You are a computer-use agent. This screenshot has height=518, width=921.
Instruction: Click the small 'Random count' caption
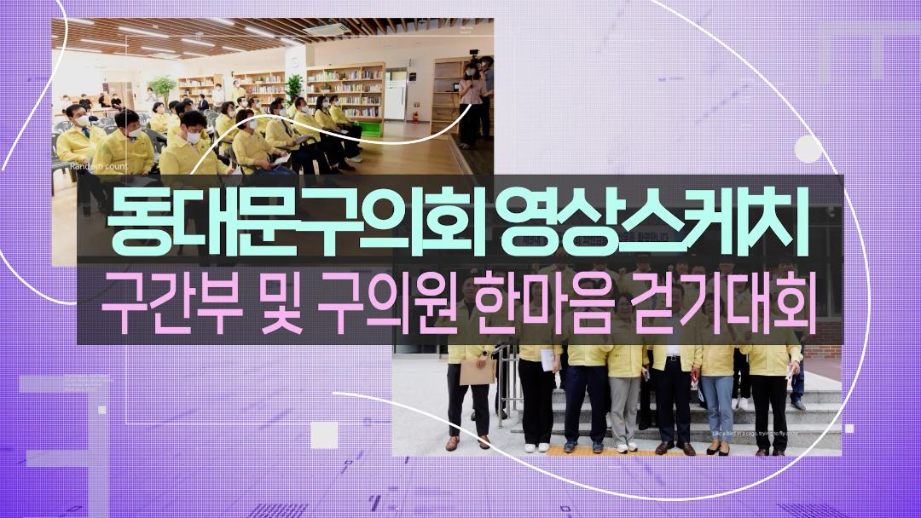click(x=98, y=167)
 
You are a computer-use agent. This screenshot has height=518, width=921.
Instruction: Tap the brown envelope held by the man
click(x=477, y=371)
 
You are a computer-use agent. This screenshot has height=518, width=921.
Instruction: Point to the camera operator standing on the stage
click(x=470, y=102)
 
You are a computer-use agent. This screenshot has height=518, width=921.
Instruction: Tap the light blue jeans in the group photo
click(x=718, y=404)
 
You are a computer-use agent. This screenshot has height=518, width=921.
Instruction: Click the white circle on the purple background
click(x=808, y=149)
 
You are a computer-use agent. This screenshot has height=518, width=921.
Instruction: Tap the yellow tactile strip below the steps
click(x=614, y=451)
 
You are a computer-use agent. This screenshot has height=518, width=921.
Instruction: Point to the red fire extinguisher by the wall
click(x=414, y=116)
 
